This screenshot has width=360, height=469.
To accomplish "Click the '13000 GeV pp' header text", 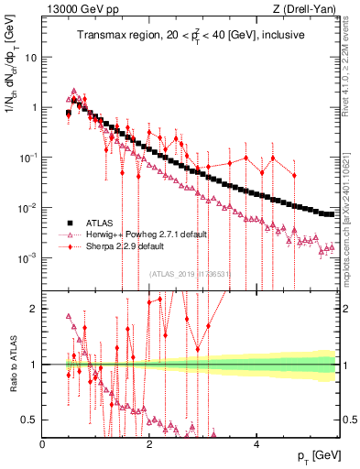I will point(78,9).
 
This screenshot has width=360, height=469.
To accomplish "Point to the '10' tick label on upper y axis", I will point(30,57).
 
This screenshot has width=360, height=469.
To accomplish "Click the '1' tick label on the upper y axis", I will point(34,107).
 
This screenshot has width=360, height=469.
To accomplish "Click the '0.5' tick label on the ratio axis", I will point(29,420).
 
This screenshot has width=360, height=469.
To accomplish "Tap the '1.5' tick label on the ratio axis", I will point(29,336).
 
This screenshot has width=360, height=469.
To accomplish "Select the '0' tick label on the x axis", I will point(43,444).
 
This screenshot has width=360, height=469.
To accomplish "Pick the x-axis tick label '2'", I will point(149,444).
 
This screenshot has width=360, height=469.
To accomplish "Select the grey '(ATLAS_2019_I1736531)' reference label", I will point(189,273).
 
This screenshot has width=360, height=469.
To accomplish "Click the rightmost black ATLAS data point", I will point(332,214).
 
